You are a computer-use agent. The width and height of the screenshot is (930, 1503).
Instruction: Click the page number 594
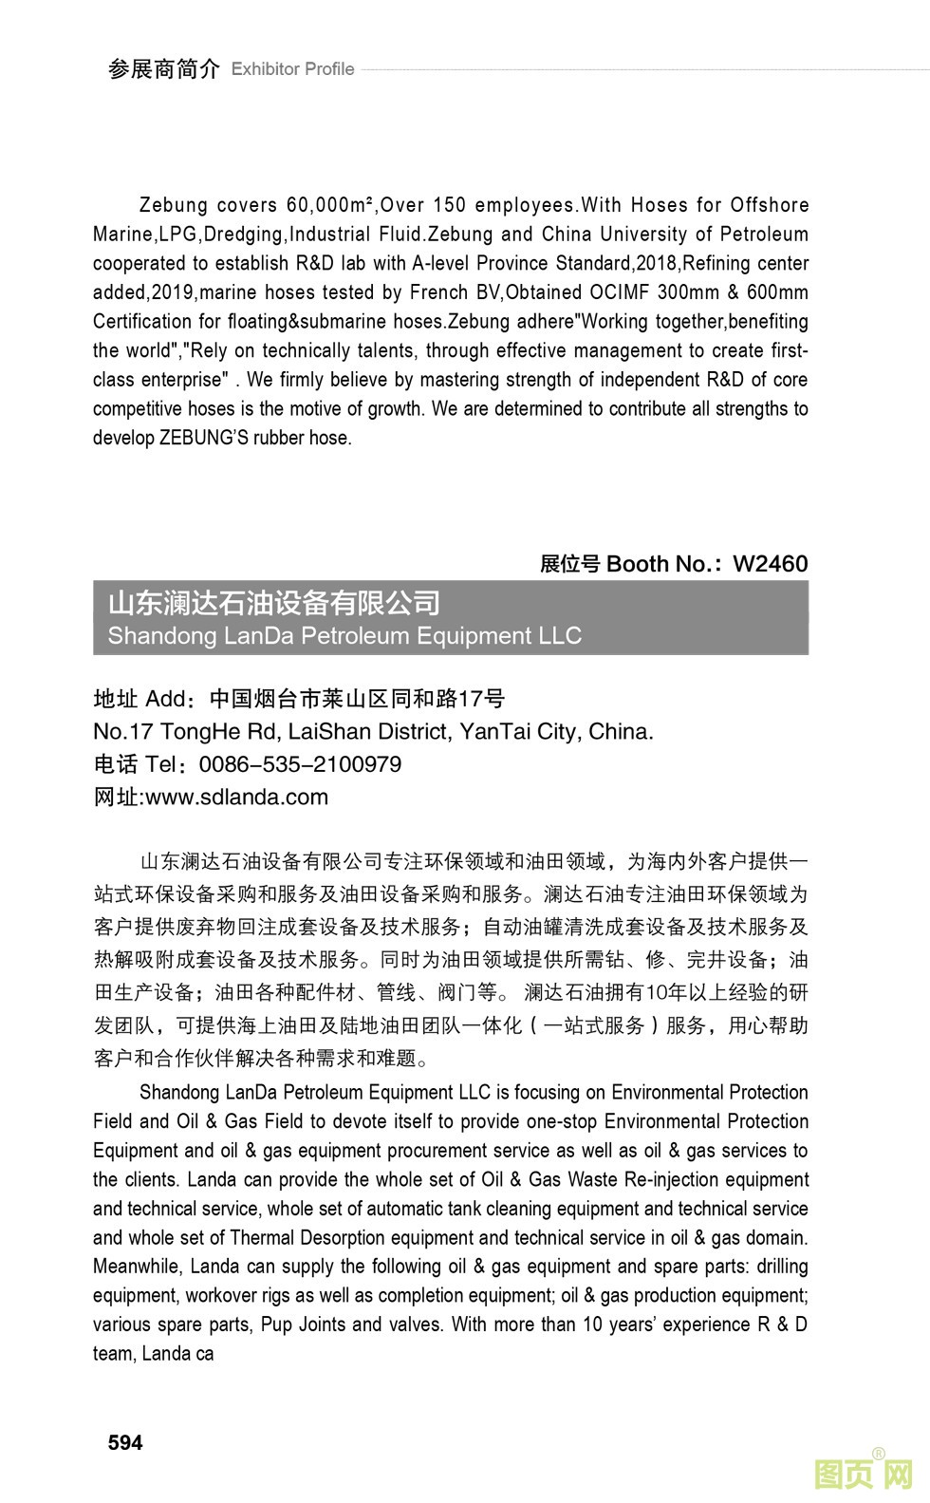coord(125,1442)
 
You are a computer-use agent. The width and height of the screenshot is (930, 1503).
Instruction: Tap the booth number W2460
coord(770,564)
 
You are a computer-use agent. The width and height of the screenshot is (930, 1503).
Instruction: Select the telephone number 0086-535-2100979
coord(300,764)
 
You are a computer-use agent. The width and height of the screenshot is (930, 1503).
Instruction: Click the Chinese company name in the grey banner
coord(274,603)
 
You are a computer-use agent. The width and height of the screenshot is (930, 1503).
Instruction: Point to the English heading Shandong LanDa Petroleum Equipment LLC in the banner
coord(344,635)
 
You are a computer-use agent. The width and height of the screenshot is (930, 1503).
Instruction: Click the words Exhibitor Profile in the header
coord(292,69)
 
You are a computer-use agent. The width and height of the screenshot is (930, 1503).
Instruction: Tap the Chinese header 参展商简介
coord(163,68)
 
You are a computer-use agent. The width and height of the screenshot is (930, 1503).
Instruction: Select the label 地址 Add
coord(139,700)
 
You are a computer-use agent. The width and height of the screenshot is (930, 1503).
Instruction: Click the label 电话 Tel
coord(135,764)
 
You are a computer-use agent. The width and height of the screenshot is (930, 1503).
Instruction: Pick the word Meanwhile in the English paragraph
coord(137,1267)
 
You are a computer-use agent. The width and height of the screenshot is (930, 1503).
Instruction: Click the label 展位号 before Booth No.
coord(569,564)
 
